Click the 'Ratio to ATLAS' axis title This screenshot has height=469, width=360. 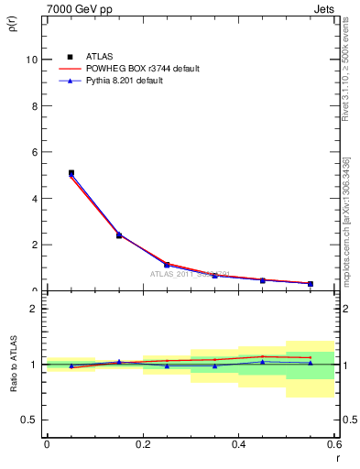14,365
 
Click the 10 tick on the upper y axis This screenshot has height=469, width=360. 34,60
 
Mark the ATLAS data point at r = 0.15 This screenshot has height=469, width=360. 119,235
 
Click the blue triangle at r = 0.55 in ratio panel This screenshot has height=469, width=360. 311,363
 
